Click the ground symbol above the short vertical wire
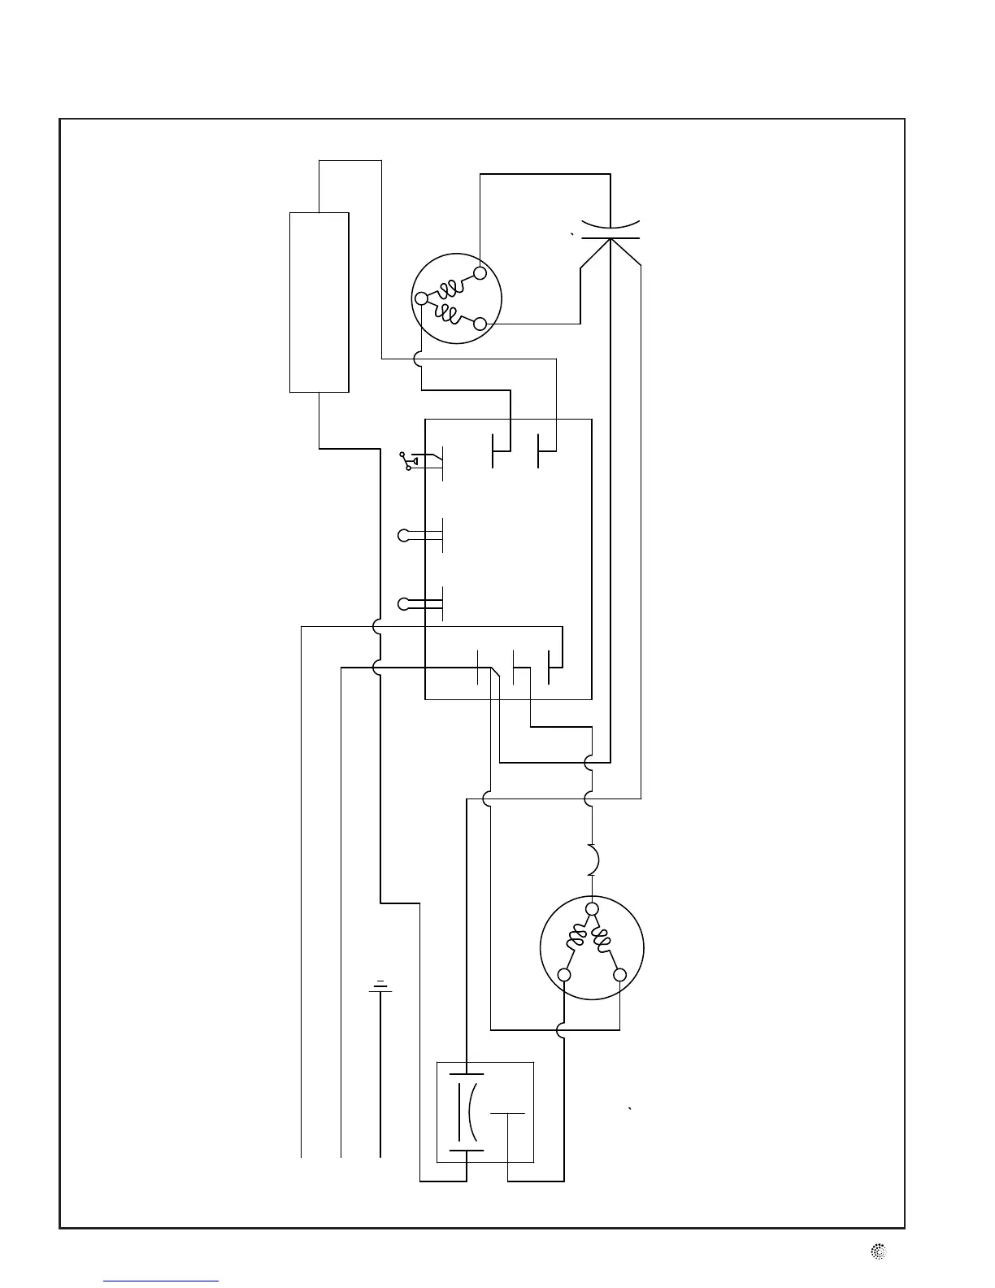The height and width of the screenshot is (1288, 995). pos(380,987)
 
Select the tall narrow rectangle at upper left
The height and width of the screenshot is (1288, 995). pos(319,302)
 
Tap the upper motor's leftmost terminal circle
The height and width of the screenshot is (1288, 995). pos(421,298)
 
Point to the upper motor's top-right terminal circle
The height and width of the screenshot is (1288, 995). pos(480,272)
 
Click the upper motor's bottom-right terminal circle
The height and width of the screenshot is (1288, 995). pos(480,324)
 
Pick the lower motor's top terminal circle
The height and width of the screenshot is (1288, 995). pos(592,908)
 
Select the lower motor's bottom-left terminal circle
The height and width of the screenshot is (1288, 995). pos(564,975)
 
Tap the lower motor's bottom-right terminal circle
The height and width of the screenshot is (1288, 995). pos(620,975)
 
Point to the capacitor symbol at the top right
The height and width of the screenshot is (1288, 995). pos(611,229)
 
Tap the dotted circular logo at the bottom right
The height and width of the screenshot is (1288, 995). pos(878,1253)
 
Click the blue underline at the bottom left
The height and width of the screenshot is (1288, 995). pos(161,1281)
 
